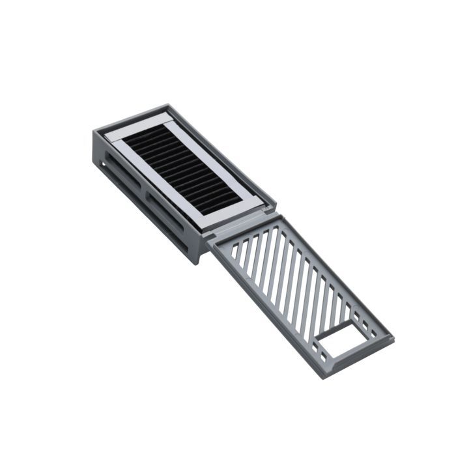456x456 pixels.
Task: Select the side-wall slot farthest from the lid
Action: point(122,170)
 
